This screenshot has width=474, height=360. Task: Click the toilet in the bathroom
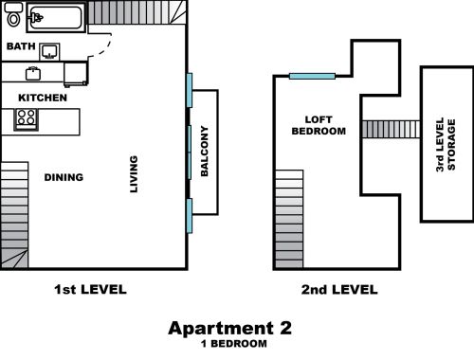13,15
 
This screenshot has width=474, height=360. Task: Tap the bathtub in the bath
56,18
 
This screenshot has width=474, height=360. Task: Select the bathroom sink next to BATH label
49,52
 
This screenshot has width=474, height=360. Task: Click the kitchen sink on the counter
33,74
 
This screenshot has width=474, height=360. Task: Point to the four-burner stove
26,119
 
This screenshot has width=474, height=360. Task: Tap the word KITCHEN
43,98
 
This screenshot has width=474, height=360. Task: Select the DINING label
64,177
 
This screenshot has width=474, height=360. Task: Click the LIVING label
134,174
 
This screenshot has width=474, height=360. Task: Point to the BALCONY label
205,151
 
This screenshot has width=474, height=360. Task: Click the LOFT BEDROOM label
319,125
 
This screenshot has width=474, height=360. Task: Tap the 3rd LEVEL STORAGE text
446,145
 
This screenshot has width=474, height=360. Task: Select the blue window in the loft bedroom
312,76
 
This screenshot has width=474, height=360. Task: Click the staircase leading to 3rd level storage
391,129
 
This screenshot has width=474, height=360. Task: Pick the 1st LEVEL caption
90,289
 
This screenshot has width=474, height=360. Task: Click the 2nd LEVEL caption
339,290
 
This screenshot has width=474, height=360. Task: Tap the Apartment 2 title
229,328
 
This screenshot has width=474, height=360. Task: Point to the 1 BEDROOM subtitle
234,344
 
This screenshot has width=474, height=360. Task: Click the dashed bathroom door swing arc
104,48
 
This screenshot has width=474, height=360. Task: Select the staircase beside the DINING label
14,215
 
